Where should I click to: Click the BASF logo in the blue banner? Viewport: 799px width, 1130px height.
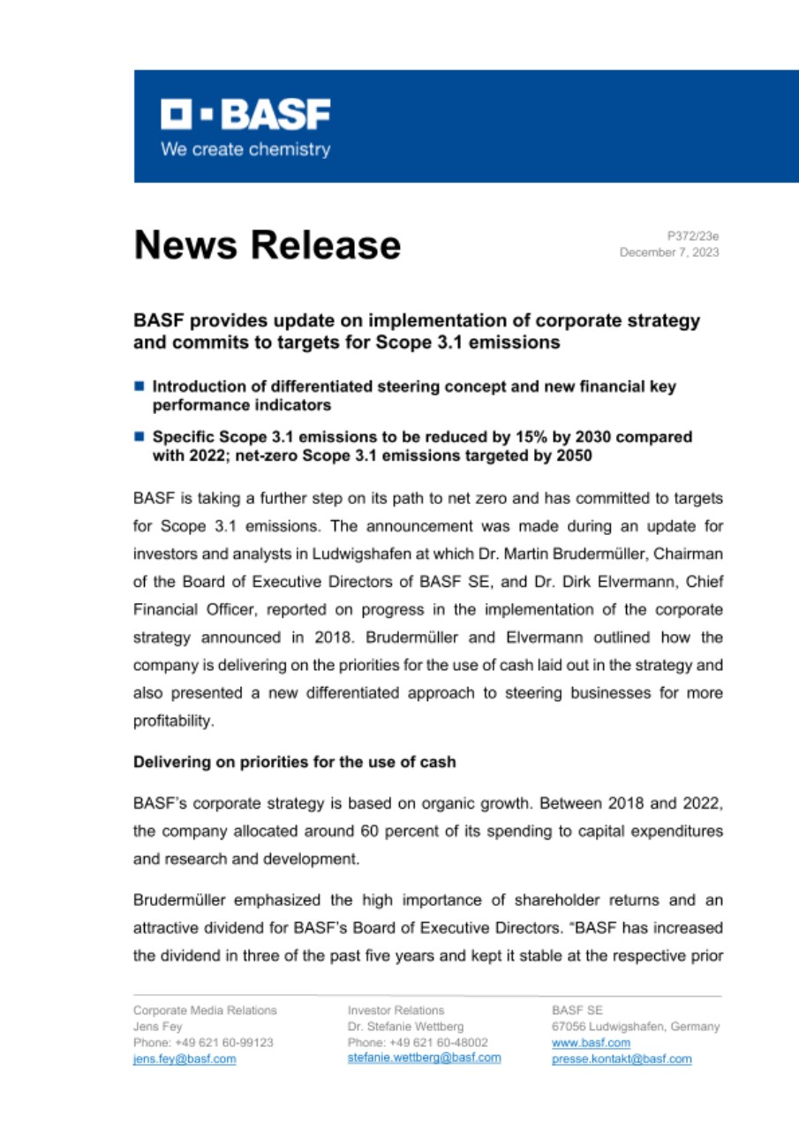pyautogui.click(x=245, y=115)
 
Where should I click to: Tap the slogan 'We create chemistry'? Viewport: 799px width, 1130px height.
pyautogui.click(x=245, y=149)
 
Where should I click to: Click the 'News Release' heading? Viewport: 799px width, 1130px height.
pyautogui.click(x=267, y=245)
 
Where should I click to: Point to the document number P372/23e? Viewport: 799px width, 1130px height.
pyautogui.click(x=693, y=236)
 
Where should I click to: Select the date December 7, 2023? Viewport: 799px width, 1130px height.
pyautogui.click(x=669, y=252)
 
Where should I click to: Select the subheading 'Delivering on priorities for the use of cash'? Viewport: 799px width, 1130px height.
pyautogui.click(x=294, y=762)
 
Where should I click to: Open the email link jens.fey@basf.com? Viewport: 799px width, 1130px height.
pyautogui.click(x=185, y=1058)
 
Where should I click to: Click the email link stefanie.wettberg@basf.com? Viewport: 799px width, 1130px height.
pyautogui.click(x=424, y=1058)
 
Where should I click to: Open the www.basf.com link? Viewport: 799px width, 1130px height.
pyautogui.click(x=578, y=1043)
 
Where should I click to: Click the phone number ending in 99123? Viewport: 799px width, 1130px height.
pyautogui.click(x=202, y=1043)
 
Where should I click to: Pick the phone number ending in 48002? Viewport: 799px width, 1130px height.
pyautogui.click(x=418, y=1043)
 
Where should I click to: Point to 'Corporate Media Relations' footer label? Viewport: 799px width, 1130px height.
pyautogui.click(x=205, y=1010)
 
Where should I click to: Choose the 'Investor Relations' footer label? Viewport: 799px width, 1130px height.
pyautogui.click(x=396, y=1010)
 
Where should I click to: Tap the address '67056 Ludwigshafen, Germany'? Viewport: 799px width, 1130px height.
pyautogui.click(x=635, y=1027)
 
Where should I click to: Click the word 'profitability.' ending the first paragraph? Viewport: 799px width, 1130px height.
pyautogui.click(x=162, y=721)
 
